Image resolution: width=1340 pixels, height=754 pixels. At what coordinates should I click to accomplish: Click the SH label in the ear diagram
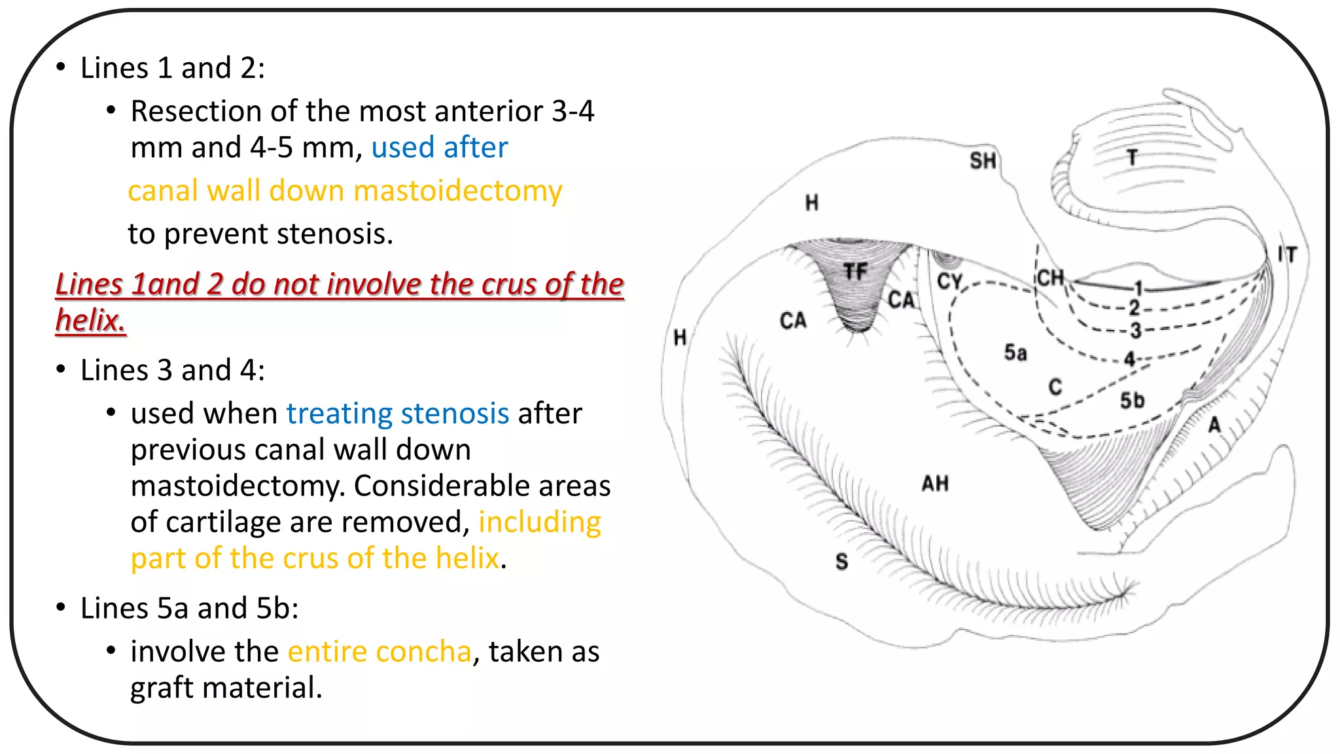point(983,161)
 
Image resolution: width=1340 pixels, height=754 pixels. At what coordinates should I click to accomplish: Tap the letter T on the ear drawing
point(1132,157)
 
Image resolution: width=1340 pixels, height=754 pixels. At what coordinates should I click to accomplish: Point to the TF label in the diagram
point(855,272)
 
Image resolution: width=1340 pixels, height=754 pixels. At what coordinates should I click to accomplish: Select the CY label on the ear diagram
point(950,281)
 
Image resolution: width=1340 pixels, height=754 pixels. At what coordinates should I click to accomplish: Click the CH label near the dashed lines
point(1050,278)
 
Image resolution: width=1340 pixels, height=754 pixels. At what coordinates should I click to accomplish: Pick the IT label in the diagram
point(1287,255)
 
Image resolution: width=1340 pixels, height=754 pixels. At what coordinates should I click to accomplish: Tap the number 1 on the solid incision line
point(1139,288)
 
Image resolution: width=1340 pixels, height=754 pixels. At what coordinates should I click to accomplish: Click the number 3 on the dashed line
point(1135,331)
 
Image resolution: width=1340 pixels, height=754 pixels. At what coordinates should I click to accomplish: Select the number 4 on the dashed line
point(1130,359)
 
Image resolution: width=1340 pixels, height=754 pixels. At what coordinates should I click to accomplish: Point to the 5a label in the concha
point(1015,353)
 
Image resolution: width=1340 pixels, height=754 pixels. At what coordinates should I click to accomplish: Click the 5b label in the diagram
point(1132,401)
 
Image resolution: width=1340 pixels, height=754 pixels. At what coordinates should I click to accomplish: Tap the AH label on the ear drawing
point(935,484)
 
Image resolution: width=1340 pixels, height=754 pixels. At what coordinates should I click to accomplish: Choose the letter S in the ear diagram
point(841,562)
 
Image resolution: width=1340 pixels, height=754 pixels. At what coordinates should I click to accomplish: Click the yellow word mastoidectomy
point(457,191)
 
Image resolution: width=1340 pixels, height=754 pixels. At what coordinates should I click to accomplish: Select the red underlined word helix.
point(90,321)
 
